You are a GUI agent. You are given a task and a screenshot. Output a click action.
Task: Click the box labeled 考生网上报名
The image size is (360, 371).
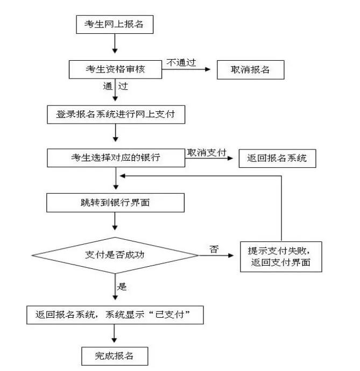pyautogui.click(x=115, y=24)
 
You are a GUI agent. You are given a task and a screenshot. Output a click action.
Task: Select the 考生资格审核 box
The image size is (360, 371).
pyautogui.click(x=115, y=69)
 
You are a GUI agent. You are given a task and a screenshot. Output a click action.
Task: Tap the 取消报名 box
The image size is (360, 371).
pyautogui.click(x=250, y=70)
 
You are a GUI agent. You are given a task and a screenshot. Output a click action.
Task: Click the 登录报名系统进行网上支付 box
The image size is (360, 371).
pyautogui.click(x=116, y=114)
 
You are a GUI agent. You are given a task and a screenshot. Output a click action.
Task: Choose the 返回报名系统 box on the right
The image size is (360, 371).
pyautogui.click(x=277, y=158)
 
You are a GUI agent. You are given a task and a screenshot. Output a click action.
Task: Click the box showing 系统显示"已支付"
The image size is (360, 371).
pyautogui.click(x=116, y=315)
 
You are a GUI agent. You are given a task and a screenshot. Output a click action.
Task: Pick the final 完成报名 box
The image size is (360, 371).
pyautogui.click(x=114, y=355)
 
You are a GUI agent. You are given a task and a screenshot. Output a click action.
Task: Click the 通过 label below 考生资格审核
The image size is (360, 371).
pyautogui.click(x=115, y=85)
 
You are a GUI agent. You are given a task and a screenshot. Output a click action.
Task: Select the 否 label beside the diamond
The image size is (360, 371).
pyautogui.click(x=214, y=248)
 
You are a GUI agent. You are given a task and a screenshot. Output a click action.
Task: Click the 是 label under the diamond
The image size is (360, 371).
pyautogui.click(x=123, y=287)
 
